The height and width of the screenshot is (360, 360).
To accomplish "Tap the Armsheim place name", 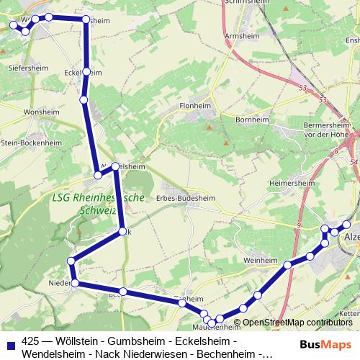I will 241,34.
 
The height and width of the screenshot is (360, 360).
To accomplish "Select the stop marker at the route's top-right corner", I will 86,20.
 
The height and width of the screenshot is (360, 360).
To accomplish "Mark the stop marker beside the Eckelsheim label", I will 86,71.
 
